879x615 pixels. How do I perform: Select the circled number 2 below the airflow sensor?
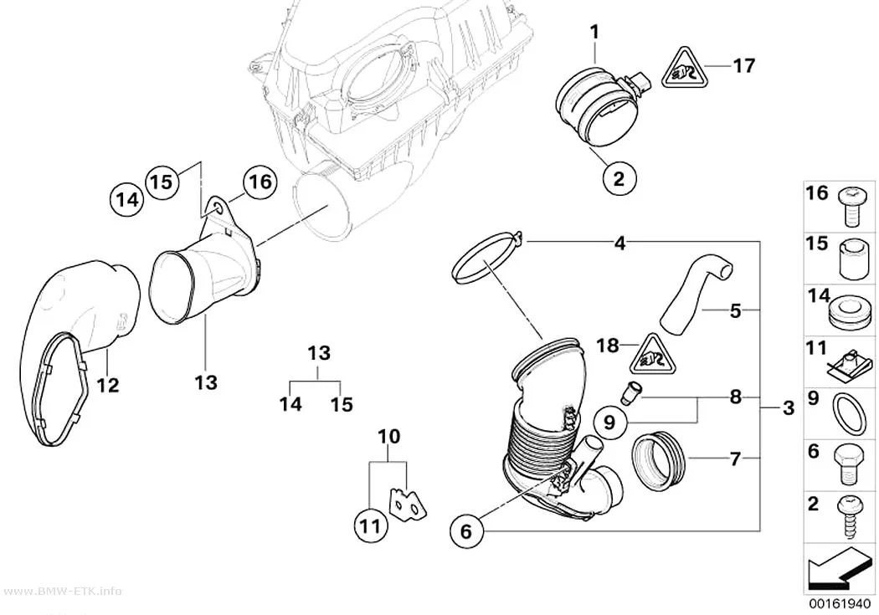(x=619, y=178)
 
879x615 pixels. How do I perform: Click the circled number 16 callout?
(x=259, y=182)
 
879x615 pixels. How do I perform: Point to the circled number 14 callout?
(x=127, y=200)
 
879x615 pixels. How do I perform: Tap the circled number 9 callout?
(x=609, y=422)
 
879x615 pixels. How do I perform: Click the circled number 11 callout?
(x=371, y=526)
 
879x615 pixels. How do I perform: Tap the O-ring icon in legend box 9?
(x=851, y=413)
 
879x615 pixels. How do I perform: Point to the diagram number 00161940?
(x=839, y=604)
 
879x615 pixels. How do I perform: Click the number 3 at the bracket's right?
(x=789, y=407)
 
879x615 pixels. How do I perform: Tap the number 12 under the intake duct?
(x=108, y=385)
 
